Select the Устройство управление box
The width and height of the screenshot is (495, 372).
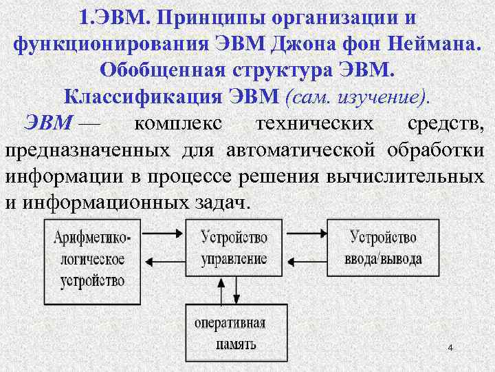pos(234,248)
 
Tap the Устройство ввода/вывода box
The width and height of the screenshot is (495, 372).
pos(384,248)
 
